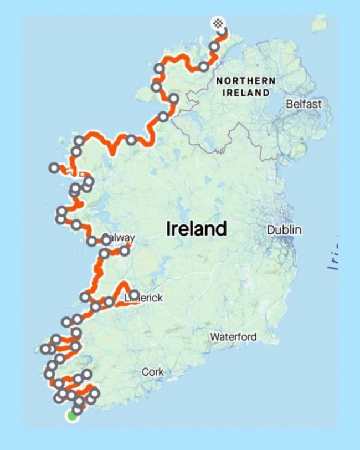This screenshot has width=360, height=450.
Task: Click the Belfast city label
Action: click(304, 104)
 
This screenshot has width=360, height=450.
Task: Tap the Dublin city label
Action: click(284, 229)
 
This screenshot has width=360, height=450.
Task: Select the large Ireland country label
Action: click(197, 228)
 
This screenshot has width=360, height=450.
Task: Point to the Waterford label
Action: click(233, 336)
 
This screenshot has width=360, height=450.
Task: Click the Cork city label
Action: click(153, 372)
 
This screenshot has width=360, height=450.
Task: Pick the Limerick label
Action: click(145, 298)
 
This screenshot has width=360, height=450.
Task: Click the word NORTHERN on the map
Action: click(245, 81)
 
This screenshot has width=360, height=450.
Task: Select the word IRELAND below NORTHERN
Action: click(245, 93)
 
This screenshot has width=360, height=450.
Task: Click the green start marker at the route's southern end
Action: click(71, 416)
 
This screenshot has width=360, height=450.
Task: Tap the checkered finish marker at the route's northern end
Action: click(219, 23)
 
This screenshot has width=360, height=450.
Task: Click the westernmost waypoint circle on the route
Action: click(45, 349)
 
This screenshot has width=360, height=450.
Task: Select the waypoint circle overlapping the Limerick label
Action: click(133, 295)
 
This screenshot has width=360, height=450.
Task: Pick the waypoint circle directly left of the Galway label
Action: click(106, 240)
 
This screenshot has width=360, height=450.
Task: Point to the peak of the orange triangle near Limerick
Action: click(122, 284)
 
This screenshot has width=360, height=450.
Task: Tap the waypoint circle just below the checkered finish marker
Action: click(223, 32)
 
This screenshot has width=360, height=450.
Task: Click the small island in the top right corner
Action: click(319, 23)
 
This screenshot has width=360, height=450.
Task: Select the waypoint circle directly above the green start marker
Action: click(78, 410)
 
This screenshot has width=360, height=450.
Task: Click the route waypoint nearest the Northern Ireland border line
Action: click(174, 99)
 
